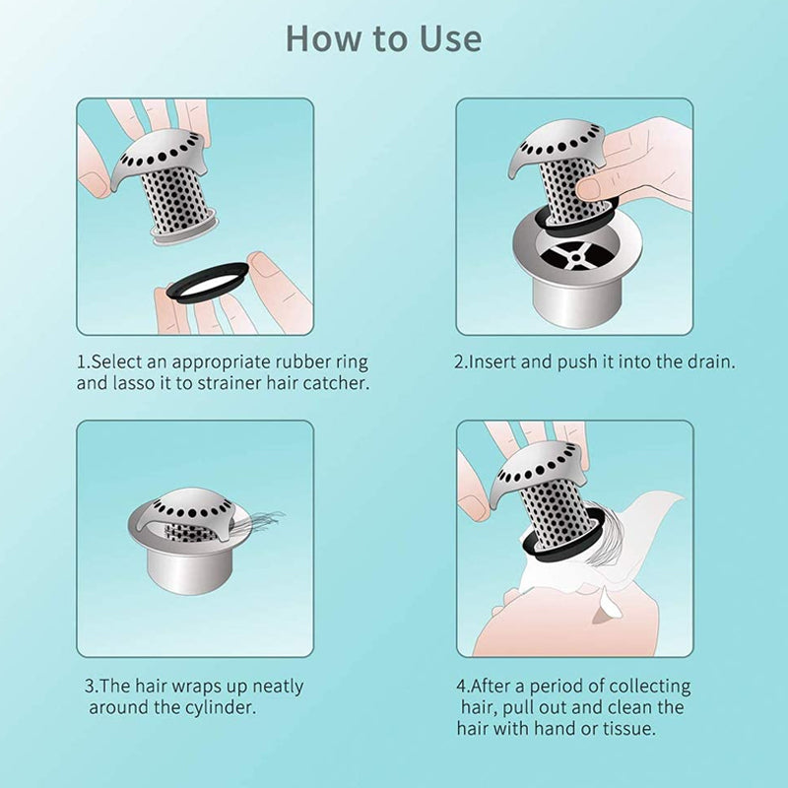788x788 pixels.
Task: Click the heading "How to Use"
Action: pyautogui.click(x=384, y=37)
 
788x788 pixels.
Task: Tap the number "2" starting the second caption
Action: pyautogui.click(x=459, y=361)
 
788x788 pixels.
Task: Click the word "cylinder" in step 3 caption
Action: pyautogui.click(x=224, y=707)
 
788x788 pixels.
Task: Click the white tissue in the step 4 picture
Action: pyautogui.click(x=640, y=552)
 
